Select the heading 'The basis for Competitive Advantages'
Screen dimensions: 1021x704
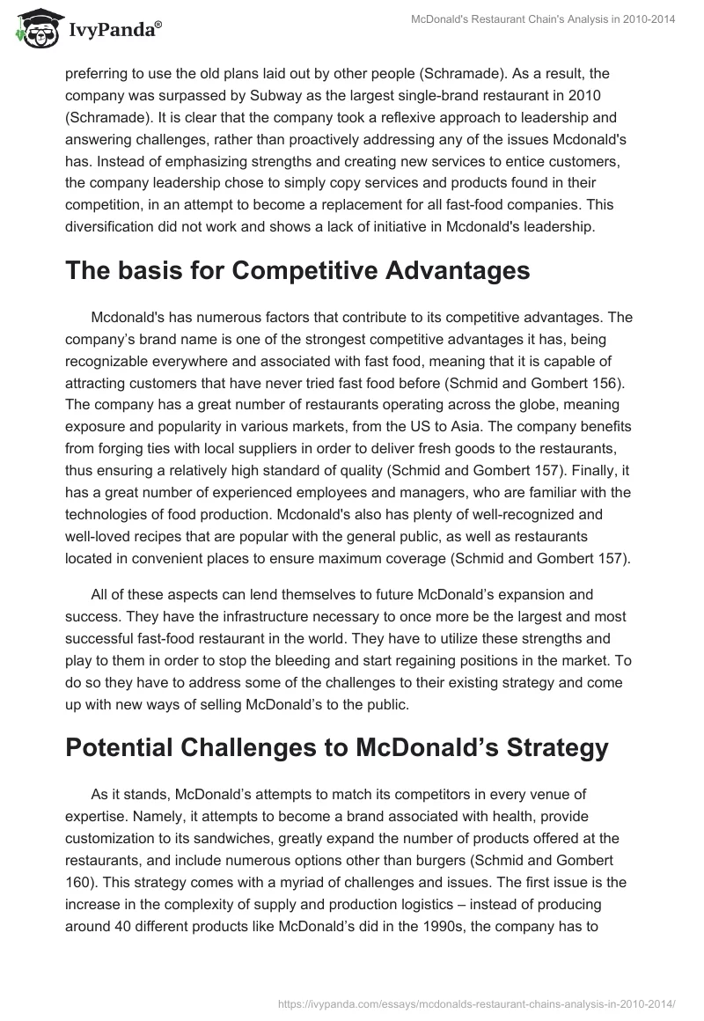[297, 270]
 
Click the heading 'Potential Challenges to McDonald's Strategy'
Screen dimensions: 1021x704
[337, 747]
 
